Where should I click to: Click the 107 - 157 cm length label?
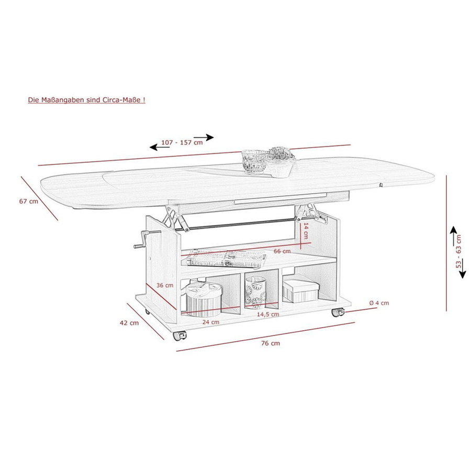[182, 142]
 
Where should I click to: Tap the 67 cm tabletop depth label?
[29, 201]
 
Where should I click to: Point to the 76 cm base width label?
[271, 343]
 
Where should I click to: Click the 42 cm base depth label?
[129, 323]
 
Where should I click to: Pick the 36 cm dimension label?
[165, 285]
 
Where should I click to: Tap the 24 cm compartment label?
[210, 322]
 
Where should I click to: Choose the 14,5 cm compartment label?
[268, 315]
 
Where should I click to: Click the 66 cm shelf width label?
[282, 251]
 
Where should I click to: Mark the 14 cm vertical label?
[306, 231]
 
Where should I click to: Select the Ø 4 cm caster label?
[379, 303]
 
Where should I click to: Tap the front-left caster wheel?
[180, 335]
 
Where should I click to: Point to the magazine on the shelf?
[226, 259]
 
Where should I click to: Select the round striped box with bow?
[204, 299]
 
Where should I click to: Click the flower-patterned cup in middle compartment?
[255, 293]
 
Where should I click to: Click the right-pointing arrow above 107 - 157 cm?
[204, 138]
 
